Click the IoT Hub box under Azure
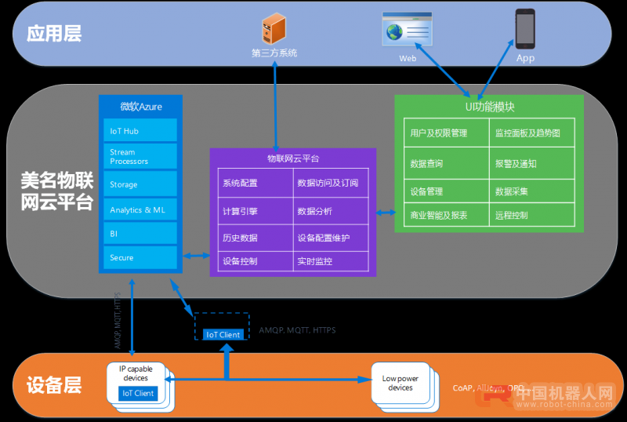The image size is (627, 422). coord(140,131)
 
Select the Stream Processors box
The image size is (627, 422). coord(140,157)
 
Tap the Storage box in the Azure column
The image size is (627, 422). coord(140,184)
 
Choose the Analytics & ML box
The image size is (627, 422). coord(140,209)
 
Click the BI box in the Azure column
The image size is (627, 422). coord(140,234)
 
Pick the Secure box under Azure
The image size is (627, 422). coord(140,257)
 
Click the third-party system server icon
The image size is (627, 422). coord(273,30)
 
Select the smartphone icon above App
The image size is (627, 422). coord(524,28)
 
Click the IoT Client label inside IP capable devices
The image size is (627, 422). coord(139,393)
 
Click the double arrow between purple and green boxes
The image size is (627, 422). coord(385,213)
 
